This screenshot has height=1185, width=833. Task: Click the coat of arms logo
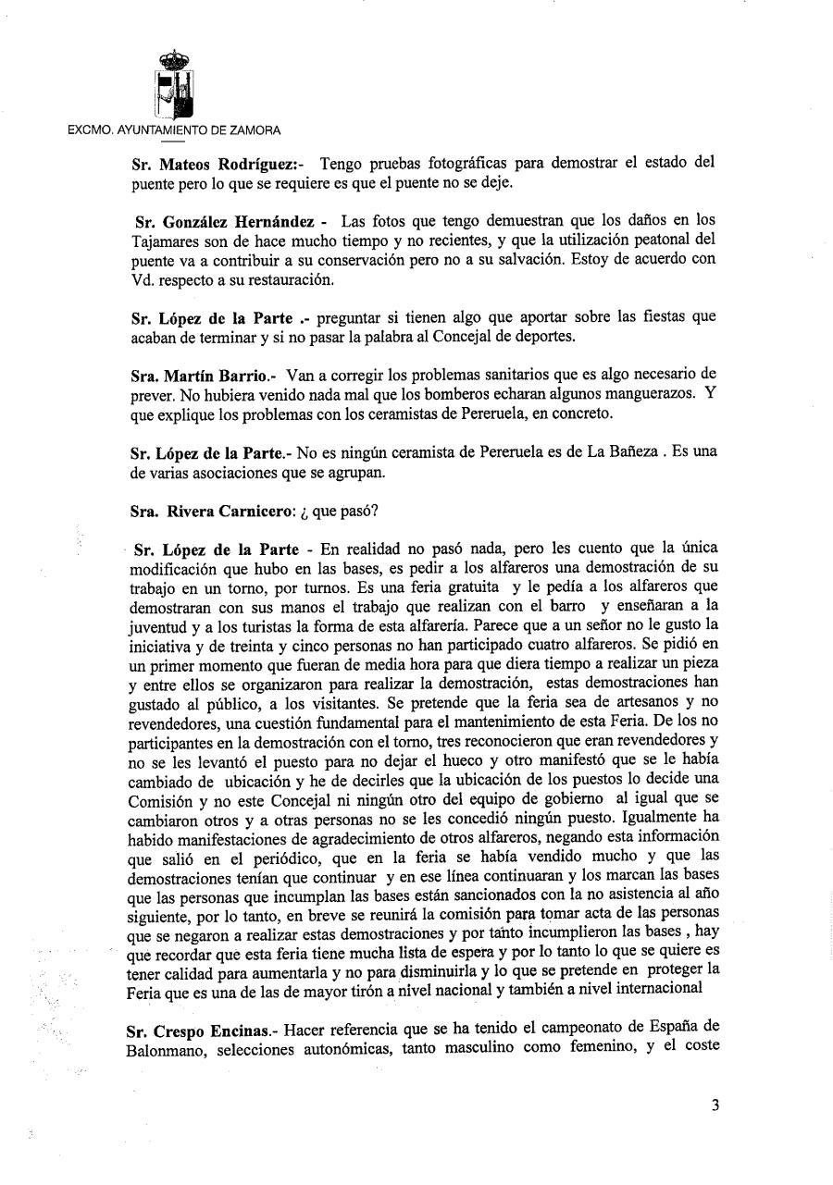tap(173, 83)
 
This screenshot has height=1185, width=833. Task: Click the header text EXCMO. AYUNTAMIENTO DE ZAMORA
tap(175, 130)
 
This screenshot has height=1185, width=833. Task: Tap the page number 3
tap(715, 1104)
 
